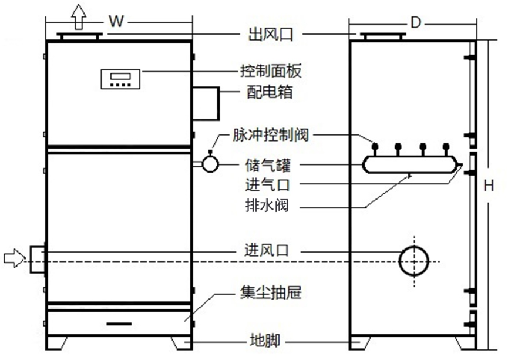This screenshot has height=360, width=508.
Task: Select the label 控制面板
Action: tap(271, 72)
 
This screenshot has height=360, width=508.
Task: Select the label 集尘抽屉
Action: tap(271, 292)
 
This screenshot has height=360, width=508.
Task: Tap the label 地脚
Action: tap(259, 341)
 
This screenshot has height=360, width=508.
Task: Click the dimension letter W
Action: tap(117, 22)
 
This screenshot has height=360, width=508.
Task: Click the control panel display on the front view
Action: tap(120, 79)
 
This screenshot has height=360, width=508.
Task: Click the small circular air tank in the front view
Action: tap(210, 164)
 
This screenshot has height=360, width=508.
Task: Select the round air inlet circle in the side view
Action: tap(415, 260)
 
